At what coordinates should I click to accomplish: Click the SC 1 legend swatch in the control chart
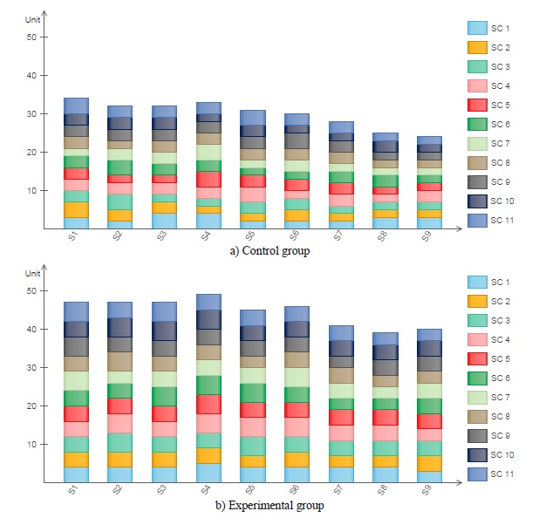pos(476,28)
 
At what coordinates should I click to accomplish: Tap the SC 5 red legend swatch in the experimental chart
pos(476,358)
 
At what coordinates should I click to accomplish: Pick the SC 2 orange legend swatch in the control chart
pos(476,47)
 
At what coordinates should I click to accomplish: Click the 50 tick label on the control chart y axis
pos(32,37)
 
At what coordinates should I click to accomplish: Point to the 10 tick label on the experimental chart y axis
pos(32,444)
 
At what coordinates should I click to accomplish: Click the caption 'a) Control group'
pos(269,251)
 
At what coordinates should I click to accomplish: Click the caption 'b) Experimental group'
pos(269,505)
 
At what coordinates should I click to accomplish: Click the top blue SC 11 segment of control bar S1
pos(76,106)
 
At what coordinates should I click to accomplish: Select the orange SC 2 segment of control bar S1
pos(76,209)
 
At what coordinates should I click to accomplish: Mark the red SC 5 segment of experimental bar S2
pos(119,406)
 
